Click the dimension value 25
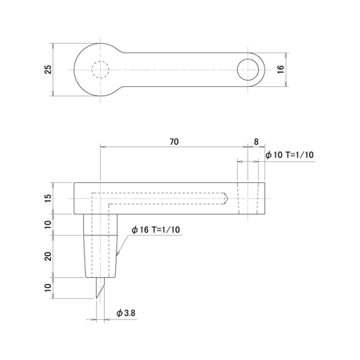49,70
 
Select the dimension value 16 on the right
280,69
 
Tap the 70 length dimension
174,142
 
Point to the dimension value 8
256,142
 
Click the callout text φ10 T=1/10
290,155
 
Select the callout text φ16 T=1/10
156,229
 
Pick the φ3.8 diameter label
126,313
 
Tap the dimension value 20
49,256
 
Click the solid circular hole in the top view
248,59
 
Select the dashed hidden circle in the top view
100,61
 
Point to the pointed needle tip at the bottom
96,298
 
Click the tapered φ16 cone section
100,256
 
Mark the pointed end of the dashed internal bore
228,199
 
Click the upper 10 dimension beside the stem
49,225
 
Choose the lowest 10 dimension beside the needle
49,288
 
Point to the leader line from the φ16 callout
123,244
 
